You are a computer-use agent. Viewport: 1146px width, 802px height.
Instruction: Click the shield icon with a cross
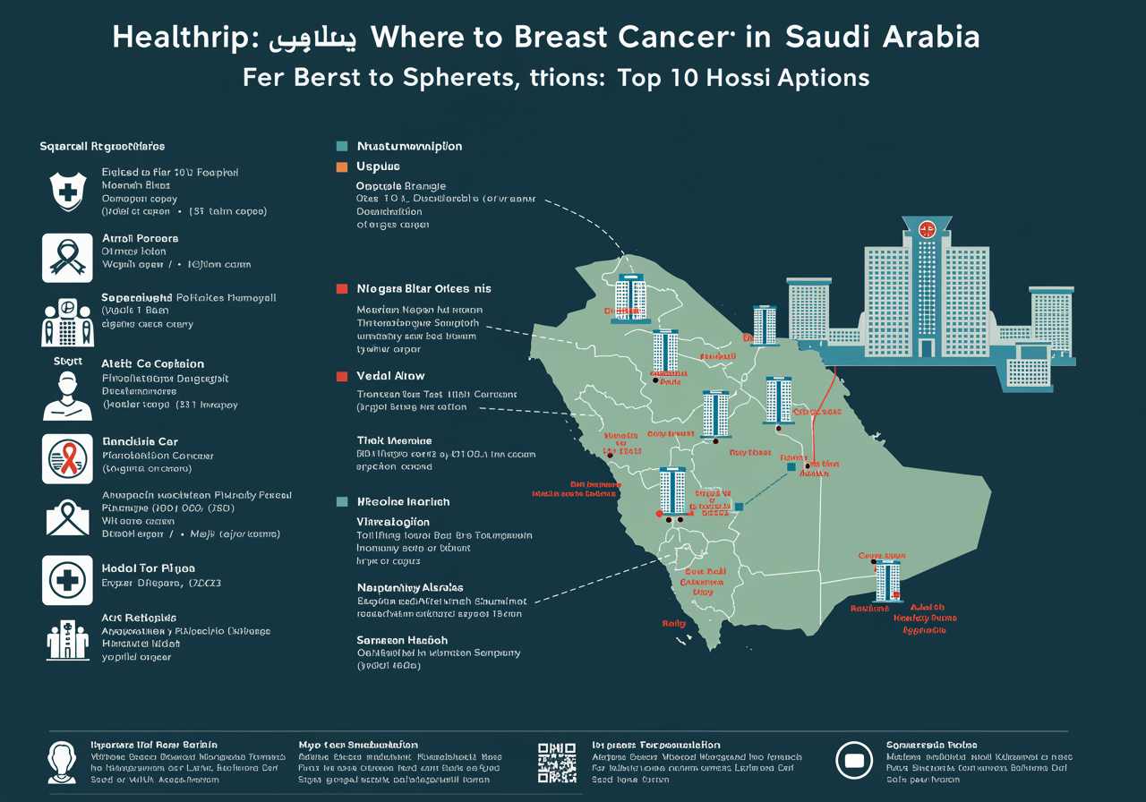[67, 191]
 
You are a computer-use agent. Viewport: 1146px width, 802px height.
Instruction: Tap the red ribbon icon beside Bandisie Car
[67, 459]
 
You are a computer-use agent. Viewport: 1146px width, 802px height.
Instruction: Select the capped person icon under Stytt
[67, 396]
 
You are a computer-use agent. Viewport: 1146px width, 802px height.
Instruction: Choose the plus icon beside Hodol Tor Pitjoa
[67, 579]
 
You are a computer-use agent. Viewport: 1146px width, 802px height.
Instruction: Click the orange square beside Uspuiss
[341, 166]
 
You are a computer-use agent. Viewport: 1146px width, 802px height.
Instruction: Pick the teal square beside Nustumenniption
[341, 146]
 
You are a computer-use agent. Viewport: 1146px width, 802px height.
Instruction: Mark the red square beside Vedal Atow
[341, 376]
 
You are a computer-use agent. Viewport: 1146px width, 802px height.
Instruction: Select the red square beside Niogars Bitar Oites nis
[341, 289]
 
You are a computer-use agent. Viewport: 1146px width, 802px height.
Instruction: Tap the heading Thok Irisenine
[394, 440]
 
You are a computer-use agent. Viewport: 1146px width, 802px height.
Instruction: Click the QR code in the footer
[556, 762]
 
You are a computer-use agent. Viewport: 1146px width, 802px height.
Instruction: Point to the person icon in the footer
[63, 762]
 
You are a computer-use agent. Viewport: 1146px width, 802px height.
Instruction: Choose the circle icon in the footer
[853, 761]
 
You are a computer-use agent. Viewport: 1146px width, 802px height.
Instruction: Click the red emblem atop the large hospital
[927, 226]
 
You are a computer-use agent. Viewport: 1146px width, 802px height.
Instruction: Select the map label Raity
[672, 623]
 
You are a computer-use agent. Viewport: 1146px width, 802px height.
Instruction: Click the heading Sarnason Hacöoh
[402, 640]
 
